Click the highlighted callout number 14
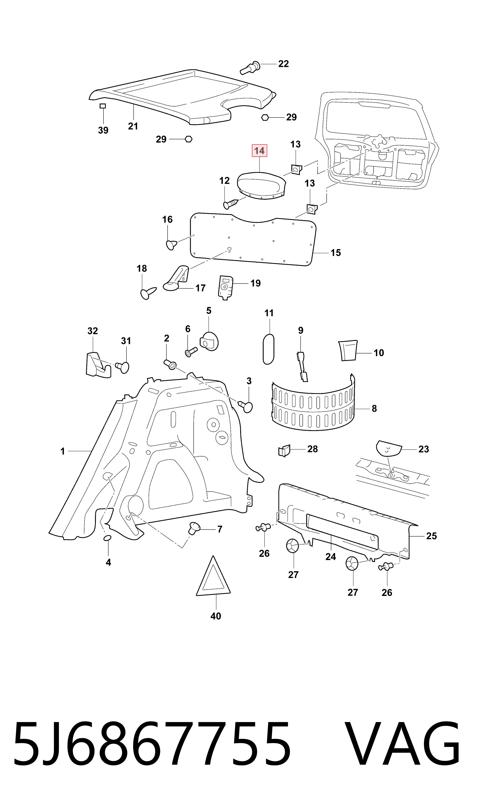(x=259, y=151)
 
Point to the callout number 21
(x=133, y=126)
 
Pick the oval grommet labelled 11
(x=269, y=349)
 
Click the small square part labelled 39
(x=103, y=106)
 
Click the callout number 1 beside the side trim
(x=63, y=451)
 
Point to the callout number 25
(x=431, y=536)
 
